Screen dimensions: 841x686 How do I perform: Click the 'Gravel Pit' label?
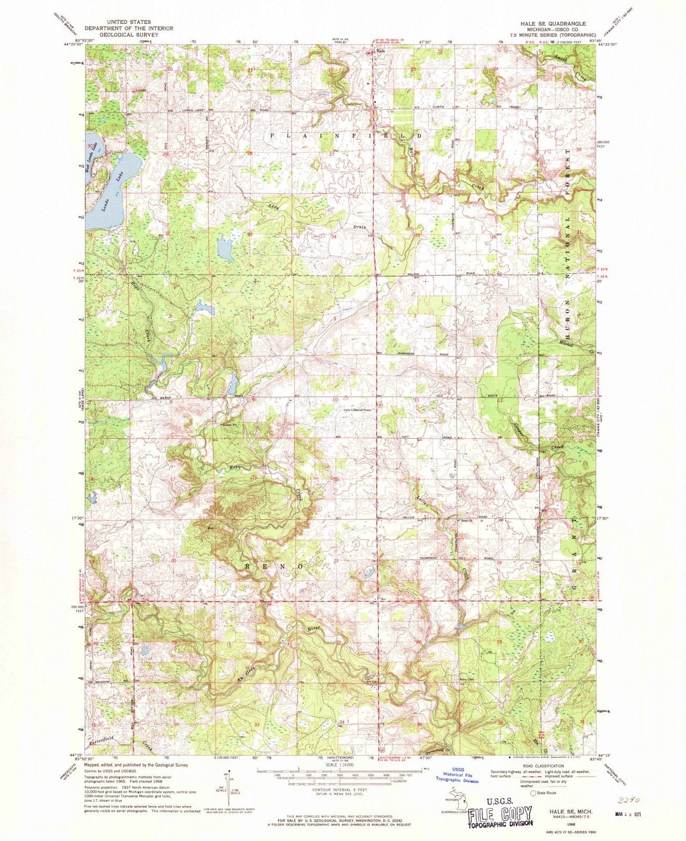tap(228, 424)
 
